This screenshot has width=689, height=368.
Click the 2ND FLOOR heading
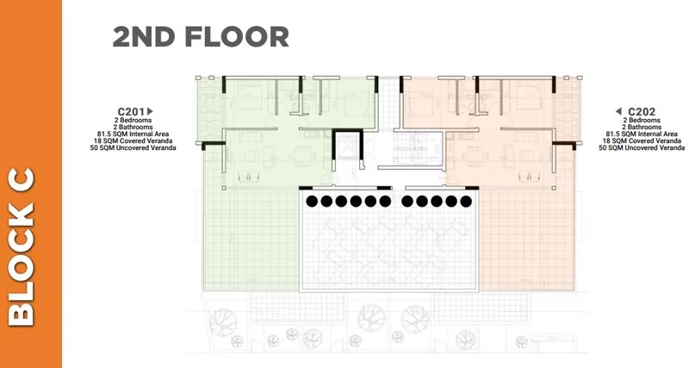coord(201,36)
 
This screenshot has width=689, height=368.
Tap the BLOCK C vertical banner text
coord(22,247)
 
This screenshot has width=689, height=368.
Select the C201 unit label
coord(132,112)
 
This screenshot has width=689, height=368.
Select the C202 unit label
coord(642,112)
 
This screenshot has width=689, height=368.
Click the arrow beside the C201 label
coord(150,111)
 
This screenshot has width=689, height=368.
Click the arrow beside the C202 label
coord(618,111)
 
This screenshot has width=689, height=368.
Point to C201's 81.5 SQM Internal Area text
coord(133,134)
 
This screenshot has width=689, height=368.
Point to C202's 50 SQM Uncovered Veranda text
coord(642,148)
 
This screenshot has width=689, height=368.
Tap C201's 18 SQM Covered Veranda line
coord(133,141)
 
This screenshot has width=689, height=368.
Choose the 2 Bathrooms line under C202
coord(642,127)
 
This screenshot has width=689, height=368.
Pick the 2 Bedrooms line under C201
coord(133,120)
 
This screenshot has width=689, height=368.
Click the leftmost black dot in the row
coord(312,202)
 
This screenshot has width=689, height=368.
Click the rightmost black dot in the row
coord(466,202)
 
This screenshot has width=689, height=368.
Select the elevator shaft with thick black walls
coord(347,147)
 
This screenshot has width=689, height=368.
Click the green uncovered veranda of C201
coord(251,240)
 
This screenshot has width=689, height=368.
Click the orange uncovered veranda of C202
coord(526,240)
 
